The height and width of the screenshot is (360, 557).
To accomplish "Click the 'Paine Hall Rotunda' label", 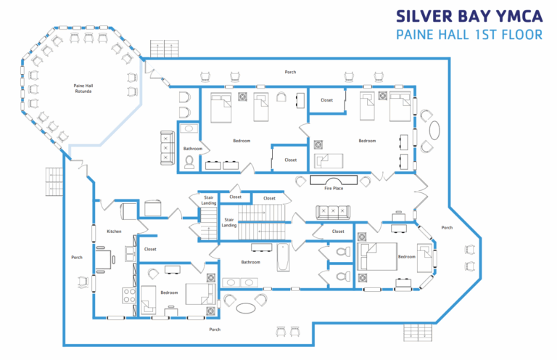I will coord(83,89).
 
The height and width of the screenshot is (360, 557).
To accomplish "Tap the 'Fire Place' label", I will coord(333,188).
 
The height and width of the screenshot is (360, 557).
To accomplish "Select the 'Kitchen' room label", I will coord(113,232).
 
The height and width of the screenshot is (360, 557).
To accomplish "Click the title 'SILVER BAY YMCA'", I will coord(468,16).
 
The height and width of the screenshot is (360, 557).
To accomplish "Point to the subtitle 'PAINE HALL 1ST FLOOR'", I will coord(468,34).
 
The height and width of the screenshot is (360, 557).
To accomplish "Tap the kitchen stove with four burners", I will coord(128,295).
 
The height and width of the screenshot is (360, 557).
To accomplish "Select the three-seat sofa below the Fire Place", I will coord(333,212).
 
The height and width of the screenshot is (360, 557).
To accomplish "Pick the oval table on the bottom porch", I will coord(246,307).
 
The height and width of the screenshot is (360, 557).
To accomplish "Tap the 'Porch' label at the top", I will coord(290,72).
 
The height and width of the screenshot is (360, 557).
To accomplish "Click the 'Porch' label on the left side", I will coord(77,257).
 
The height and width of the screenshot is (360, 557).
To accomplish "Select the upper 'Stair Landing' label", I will coord(208,200).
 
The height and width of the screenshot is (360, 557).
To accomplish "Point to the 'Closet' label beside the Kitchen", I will coord(150,249).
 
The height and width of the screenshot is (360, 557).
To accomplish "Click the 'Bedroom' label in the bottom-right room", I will coord(406,256).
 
